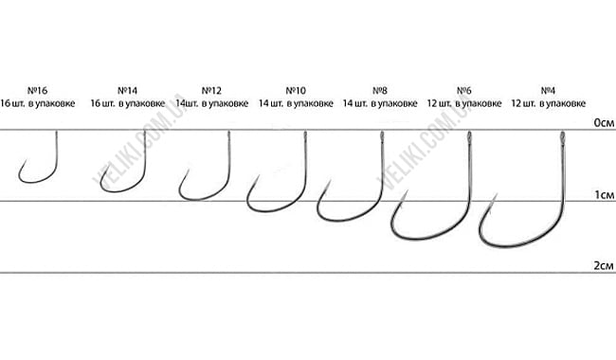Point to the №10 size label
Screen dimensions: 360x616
[x=296, y=88]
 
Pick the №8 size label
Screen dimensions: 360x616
[x=380, y=88]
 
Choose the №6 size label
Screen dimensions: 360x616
[x=463, y=88]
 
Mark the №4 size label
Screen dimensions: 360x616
[x=547, y=88]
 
